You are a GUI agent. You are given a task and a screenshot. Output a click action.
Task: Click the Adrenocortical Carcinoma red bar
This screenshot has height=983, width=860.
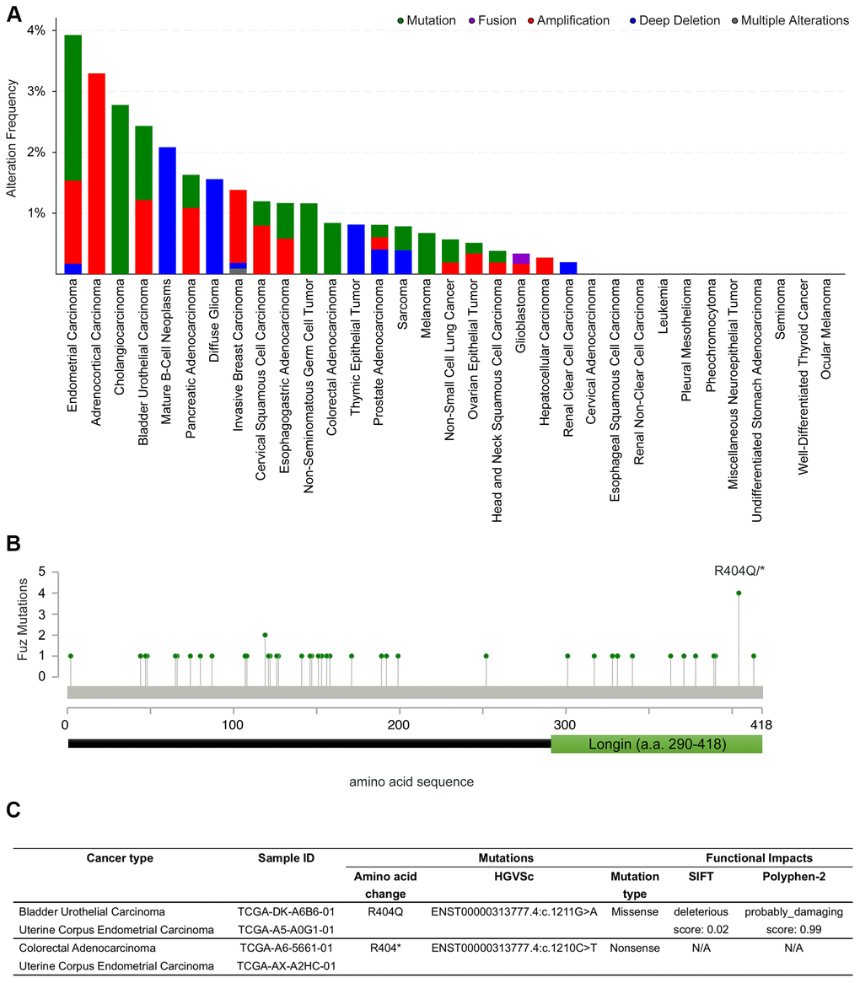click(97, 174)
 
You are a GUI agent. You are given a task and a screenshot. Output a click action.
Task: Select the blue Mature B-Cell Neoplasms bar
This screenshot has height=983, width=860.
click(167, 211)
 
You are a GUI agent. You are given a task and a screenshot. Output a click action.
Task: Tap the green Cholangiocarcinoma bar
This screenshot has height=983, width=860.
click(121, 190)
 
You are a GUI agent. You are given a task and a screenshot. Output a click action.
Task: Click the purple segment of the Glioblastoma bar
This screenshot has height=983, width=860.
click(521, 259)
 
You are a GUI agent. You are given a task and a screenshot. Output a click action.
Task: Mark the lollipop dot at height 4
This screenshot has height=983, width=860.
click(739, 594)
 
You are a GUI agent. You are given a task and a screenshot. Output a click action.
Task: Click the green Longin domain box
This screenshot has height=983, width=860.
click(656, 744)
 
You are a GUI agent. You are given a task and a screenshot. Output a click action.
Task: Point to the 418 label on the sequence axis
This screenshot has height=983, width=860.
click(761, 723)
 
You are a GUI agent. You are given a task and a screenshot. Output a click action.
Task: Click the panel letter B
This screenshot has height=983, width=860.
click(13, 545)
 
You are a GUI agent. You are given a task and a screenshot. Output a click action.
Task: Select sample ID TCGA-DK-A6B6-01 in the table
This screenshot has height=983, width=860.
click(287, 912)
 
